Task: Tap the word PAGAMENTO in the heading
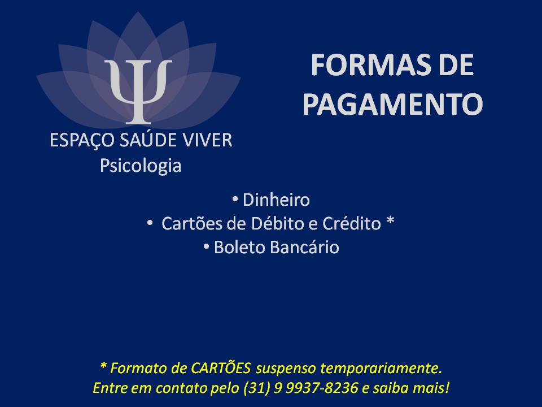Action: (x=392, y=104)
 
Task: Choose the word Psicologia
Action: (x=141, y=166)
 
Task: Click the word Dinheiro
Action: (x=276, y=200)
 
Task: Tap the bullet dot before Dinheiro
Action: (x=235, y=199)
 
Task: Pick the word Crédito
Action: (x=352, y=223)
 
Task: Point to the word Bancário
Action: (x=304, y=247)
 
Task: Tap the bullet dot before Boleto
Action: (x=207, y=246)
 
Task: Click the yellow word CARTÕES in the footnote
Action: (x=221, y=367)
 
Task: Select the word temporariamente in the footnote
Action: (x=381, y=368)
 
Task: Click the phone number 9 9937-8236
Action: (x=316, y=388)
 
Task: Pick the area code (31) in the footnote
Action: (x=256, y=388)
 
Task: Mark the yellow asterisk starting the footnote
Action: (x=103, y=365)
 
